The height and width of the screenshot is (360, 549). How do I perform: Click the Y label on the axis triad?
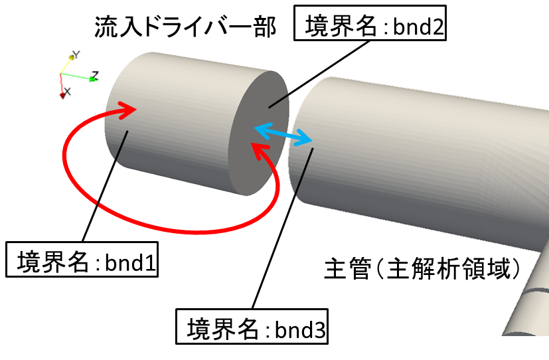tap(76, 54)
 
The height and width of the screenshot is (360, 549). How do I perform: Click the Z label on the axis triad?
tap(95, 75)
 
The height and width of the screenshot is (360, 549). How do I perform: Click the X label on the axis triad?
tap(68, 91)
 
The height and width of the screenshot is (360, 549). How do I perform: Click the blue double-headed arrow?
tap(283, 134)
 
